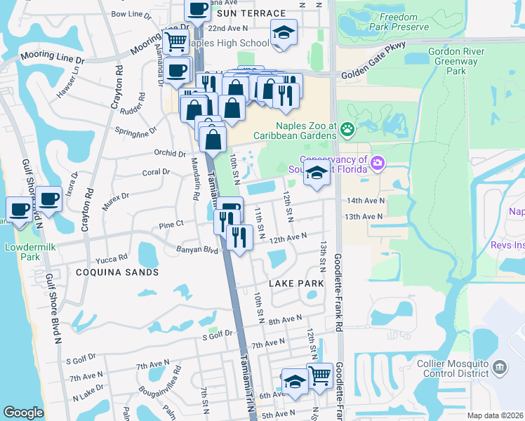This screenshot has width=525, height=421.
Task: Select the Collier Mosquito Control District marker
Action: coord(499,367)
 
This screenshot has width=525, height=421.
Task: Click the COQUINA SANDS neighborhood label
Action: coord(117,272)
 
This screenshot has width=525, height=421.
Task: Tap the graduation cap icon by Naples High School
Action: coord(284,32)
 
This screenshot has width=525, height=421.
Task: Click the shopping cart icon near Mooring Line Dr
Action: coord(175,41)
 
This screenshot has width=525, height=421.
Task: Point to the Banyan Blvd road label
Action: coord(201,249)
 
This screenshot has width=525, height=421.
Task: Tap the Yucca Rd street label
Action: coord(113,258)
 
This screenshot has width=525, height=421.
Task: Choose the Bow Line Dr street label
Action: coord(131,13)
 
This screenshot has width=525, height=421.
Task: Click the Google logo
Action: coord(23,413)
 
